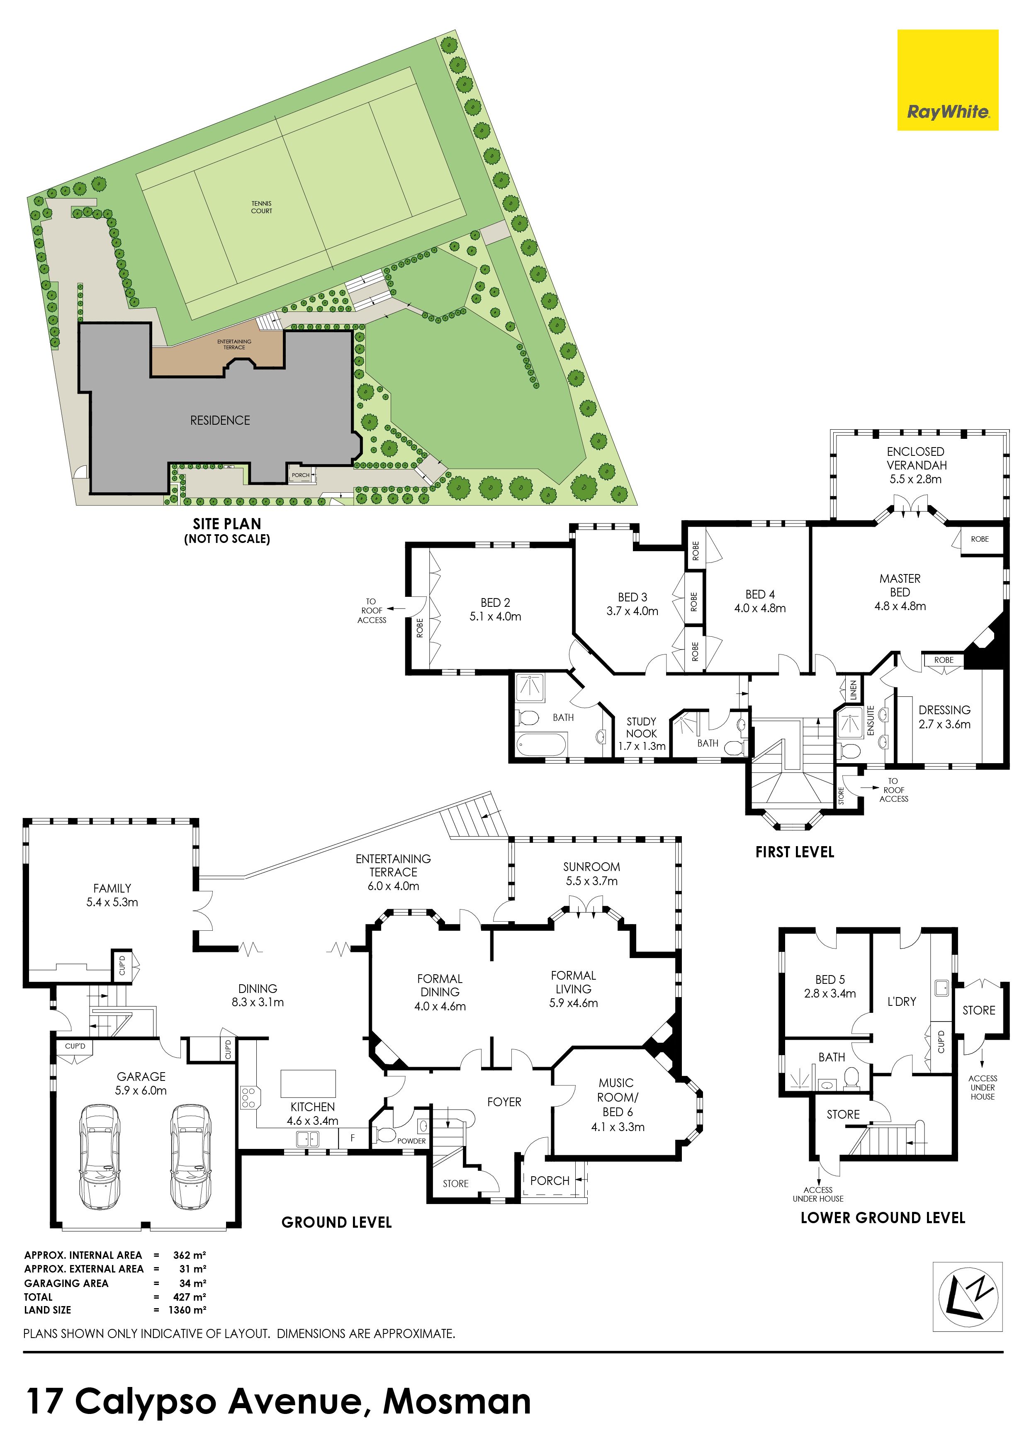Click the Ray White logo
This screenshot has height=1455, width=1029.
point(947,80)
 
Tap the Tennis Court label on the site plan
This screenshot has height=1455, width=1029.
point(262,207)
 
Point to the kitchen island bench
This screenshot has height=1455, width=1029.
point(308,1084)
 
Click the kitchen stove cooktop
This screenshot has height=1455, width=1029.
point(248,1097)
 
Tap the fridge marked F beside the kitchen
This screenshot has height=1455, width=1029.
point(352,1138)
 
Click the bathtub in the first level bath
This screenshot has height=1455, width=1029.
point(540,744)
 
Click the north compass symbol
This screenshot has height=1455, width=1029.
point(968,1296)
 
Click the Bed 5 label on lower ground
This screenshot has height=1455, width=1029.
point(830,987)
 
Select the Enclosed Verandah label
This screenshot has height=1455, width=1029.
point(916,465)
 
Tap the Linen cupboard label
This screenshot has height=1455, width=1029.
point(853,689)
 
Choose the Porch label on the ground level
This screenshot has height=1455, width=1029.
point(550,1180)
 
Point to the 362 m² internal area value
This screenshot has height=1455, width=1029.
point(190,1255)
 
